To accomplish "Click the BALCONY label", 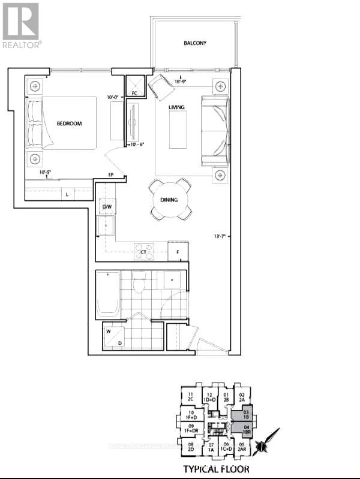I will pos(195,43).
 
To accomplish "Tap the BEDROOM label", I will pos(69,123).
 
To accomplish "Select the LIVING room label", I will pos(176,107).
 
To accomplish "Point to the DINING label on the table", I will pos(169,200).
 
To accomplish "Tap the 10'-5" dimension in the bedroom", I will pos(45,173).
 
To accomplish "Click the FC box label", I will pos(134,94).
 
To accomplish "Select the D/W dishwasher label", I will pos(107,207).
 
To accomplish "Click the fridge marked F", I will pos(178,252).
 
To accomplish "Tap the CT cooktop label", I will pos(143,253).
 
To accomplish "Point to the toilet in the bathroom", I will pos(140,283).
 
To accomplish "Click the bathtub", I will pos(108,294).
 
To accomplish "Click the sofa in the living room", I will pos(215,131).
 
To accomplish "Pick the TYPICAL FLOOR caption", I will pos(217,468).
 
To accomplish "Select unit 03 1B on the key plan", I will pos(245,414).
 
